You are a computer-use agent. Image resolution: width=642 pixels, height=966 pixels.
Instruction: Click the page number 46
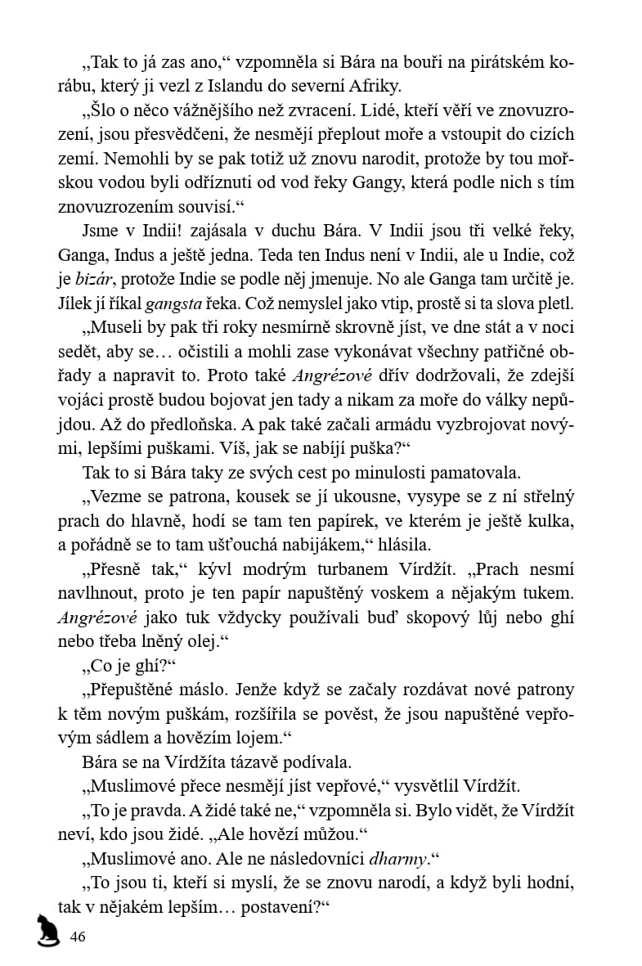point(79,937)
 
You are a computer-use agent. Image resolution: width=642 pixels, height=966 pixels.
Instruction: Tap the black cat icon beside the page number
point(47,930)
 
